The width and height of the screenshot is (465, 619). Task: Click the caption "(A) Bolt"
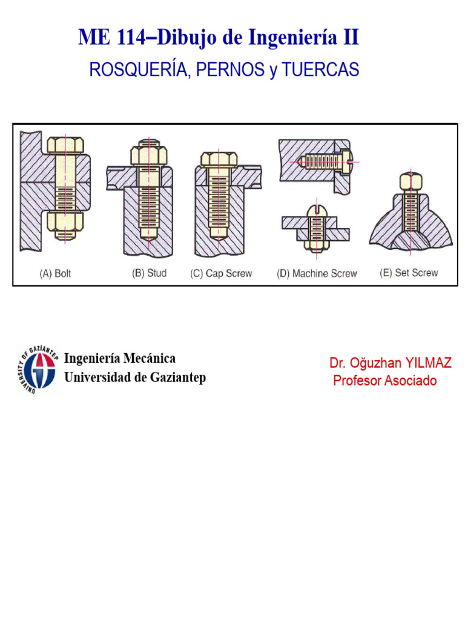(55, 274)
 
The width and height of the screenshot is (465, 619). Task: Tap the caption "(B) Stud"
(149, 273)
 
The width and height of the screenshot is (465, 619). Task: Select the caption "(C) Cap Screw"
(221, 274)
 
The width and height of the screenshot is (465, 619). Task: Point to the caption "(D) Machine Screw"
(317, 274)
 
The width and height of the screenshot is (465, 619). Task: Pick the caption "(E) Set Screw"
(409, 273)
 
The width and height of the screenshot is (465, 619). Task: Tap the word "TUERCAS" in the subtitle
(320, 70)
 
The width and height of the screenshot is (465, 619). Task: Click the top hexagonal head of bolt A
(65, 145)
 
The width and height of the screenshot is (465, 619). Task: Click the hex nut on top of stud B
(149, 155)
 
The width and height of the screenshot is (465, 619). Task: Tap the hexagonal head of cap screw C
(219, 159)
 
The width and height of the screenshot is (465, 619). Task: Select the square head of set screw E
(411, 182)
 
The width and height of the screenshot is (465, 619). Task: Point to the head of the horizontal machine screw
(347, 161)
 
